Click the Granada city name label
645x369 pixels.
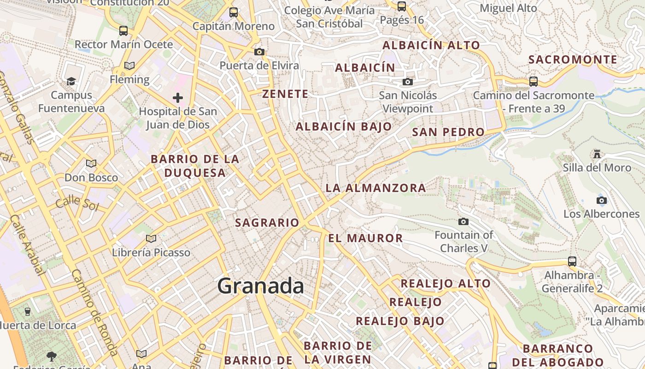point(260,286)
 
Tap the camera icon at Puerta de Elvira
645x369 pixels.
point(259,52)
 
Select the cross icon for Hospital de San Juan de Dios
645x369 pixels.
point(178,97)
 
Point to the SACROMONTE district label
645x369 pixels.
point(573,60)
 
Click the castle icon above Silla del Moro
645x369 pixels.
point(597,153)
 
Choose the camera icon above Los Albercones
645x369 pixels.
point(601,200)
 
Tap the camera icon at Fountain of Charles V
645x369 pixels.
point(463,222)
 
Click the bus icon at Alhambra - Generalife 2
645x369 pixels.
point(572,262)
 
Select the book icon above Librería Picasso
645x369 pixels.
point(151,238)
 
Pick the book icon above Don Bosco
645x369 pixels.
point(91,163)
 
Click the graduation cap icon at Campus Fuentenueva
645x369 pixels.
point(71,81)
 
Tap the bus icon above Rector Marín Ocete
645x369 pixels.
point(123,31)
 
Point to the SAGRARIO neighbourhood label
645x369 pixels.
point(267,222)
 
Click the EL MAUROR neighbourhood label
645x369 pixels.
point(366,238)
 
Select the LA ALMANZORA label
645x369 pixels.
point(375,188)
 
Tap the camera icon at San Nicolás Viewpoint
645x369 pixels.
point(407,82)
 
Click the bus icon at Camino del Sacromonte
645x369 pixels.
point(533,82)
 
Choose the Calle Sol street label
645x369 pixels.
point(77,202)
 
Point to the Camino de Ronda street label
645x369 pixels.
point(94,312)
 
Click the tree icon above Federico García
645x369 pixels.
point(51,356)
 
